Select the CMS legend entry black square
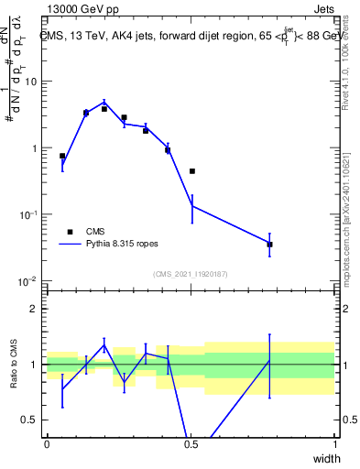click(x=69, y=232)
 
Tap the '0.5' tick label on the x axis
click(x=191, y=444)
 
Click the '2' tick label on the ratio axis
click(x=35, y=309)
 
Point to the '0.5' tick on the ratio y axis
click(x=30, y=420)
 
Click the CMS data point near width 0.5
click(x=192, y=171)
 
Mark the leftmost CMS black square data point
click(x=62, y=157)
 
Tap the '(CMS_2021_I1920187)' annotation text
click(x=190, y=274)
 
